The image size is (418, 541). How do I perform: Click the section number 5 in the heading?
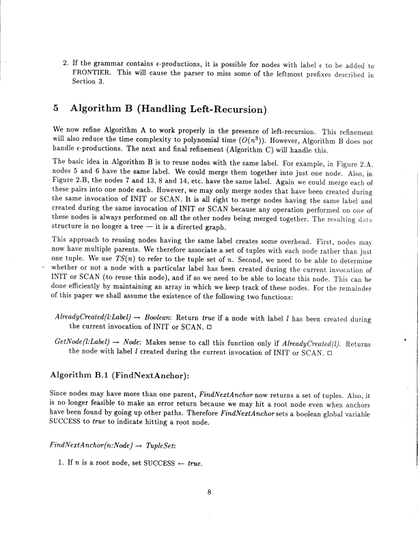(56, 109)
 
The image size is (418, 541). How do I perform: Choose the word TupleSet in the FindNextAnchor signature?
(165, 425)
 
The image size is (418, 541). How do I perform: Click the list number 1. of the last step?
(64, 443)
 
